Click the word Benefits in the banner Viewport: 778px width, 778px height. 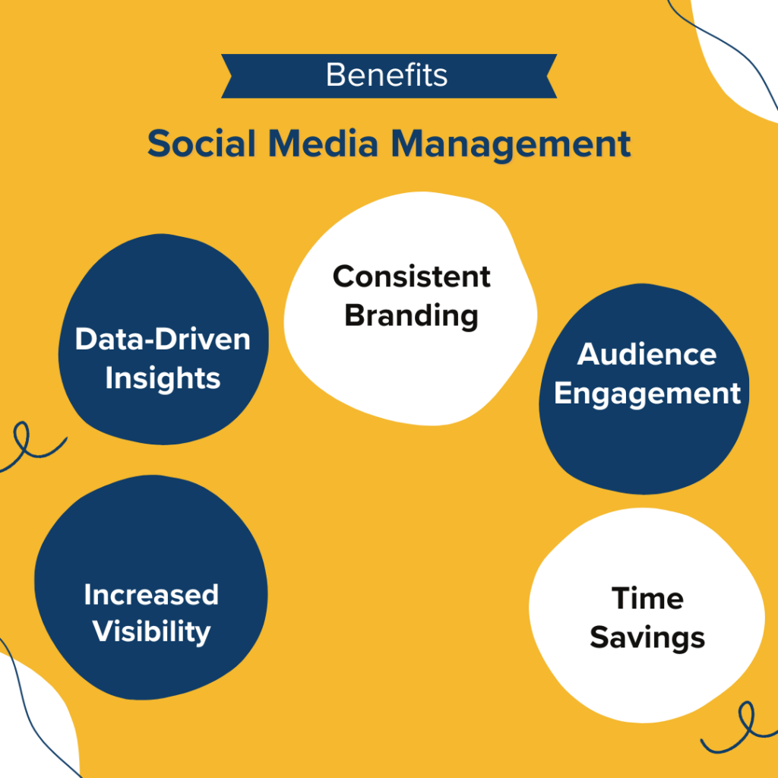click(387, 75)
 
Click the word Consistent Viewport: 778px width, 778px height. click(412, 276)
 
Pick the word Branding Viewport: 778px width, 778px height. click(411, 315)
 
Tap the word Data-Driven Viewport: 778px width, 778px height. click(163, 339)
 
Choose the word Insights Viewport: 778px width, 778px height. click(163, 378)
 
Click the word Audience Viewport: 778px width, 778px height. click(647, 354)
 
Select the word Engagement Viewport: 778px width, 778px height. click(647, 394)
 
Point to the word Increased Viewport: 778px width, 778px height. click(151, 594)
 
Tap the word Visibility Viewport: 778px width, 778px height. click(151, 631)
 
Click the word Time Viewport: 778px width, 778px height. click(647, 598)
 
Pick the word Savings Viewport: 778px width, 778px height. click(647, 637)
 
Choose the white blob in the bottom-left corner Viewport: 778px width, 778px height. click(30, 722)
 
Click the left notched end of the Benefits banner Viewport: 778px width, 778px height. click(232, 76)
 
